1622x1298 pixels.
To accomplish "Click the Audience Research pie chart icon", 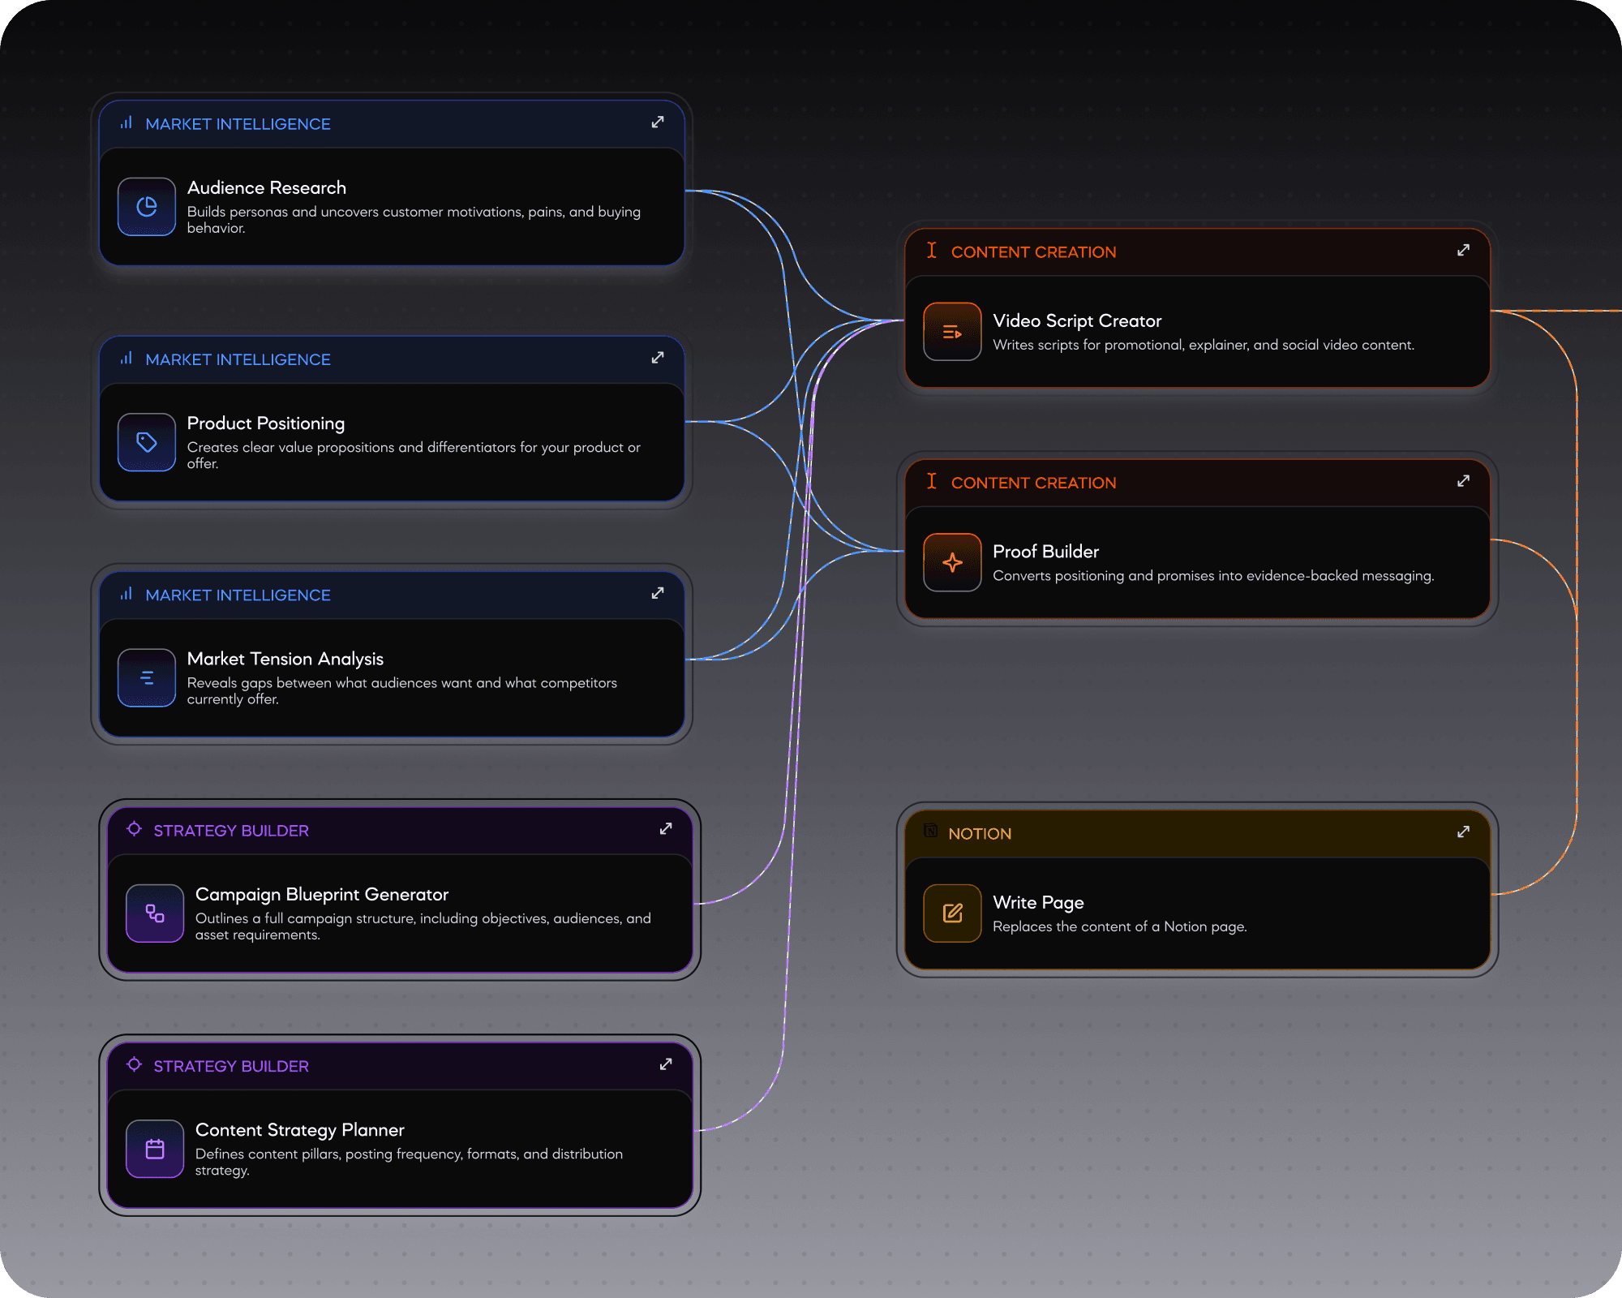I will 147,207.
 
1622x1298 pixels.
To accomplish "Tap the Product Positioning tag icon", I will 147,442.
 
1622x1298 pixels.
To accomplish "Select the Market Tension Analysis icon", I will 147,678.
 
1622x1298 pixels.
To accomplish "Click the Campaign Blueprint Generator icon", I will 155,913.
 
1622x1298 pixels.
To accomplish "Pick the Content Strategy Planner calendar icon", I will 155,1149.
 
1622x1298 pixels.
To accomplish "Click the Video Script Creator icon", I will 952,332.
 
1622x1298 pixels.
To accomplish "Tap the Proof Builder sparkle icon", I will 952,562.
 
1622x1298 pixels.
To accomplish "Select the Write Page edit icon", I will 952,913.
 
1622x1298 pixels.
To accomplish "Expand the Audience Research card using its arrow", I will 658,122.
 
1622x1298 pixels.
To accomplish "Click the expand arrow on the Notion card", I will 1463,832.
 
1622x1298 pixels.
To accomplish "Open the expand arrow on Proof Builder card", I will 1463,481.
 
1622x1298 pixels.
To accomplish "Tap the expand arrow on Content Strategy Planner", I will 666,1064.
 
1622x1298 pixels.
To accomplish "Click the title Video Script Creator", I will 1077,321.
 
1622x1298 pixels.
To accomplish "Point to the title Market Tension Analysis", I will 285,659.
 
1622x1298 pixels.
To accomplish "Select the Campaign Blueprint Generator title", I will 322,895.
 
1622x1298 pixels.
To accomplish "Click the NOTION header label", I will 980,834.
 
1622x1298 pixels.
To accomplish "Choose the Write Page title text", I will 1038,903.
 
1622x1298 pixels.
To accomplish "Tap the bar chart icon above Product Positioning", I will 127,359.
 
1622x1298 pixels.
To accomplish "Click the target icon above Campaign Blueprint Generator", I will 135,829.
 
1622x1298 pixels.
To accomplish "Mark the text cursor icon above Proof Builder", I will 932,481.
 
